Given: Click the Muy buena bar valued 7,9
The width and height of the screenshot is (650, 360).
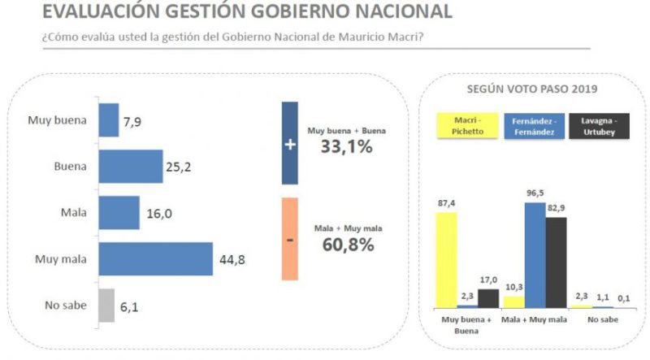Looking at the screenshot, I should coord(108,119).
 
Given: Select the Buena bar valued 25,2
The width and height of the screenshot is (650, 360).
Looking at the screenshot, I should coord(130,166).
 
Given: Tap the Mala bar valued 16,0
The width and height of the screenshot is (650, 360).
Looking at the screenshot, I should coord(119,213).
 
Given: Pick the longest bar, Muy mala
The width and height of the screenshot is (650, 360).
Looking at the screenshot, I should coord(155,259).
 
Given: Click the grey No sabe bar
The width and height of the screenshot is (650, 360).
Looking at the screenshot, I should coord(106,305).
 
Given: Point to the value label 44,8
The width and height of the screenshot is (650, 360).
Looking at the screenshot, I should coord(230,260).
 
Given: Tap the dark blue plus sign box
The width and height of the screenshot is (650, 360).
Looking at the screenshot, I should coord(289,143).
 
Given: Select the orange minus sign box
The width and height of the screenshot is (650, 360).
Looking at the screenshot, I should coord(289,239).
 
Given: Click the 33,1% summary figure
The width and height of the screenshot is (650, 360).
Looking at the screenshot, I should coord(346,147).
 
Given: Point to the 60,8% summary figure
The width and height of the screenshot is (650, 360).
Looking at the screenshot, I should coord(348,244).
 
